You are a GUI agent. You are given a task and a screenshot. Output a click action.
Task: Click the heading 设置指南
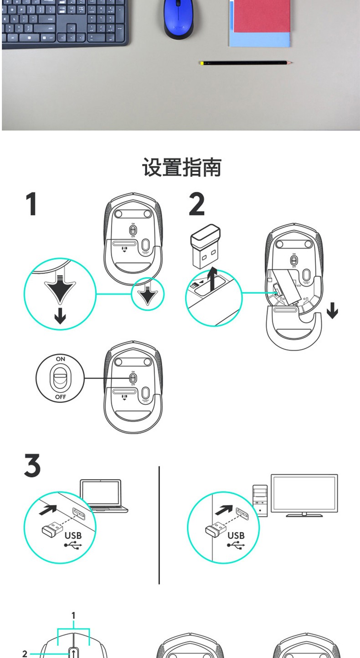point(181,167)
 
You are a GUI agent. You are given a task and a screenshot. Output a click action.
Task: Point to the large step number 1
point(31,204)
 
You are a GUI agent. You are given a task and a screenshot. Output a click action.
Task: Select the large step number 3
point(32,466)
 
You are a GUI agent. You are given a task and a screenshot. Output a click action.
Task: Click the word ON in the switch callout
point(61,359)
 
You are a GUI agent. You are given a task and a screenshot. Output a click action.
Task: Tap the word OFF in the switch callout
point(61,397)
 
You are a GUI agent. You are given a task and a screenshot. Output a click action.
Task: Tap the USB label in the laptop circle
point(73,535)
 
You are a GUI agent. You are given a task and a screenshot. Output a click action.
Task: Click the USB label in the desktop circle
point(236,535)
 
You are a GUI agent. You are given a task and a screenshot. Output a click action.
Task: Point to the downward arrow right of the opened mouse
point(333,312)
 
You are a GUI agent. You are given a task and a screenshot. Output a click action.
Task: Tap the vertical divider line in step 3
point(159,524)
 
